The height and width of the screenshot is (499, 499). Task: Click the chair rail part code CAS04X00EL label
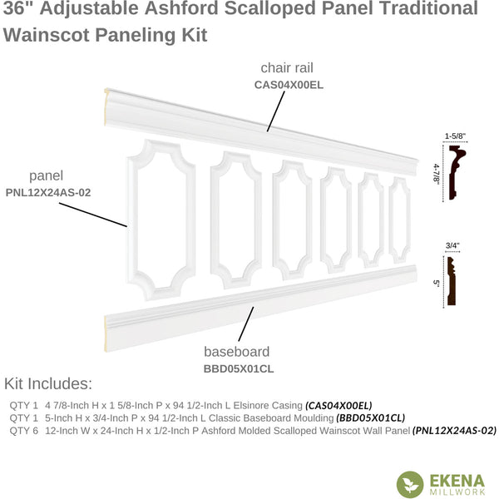click(x=289, y=85)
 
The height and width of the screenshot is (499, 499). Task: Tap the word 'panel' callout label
click(x=46, y=176)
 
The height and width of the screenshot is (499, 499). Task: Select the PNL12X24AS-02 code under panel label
click(x=48, y=193)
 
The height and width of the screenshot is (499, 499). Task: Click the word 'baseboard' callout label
click(x=237, y=352)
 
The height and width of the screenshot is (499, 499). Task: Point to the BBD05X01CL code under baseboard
click(x=239, y=368)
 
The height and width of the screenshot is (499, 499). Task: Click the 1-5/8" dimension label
click(x=455, y=136)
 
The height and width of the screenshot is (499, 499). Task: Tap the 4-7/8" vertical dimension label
click(x=437, y=173)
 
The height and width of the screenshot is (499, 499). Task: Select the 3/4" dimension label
click(x=452, y=245)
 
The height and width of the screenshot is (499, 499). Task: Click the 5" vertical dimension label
click(x=437, y=283)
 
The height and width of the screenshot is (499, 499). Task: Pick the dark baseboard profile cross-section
click(x=451, y=281)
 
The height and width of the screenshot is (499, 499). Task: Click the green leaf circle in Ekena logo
click(x=410, y=484)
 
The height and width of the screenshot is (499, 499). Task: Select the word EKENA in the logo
click(x=457, y=482)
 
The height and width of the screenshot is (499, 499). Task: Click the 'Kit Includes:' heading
click(x=48, y=383)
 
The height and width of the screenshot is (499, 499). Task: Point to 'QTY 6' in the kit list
click(x=23, y=431)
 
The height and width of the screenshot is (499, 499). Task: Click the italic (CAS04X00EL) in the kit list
click(x=338, y=406)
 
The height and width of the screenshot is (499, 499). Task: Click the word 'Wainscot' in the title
click(x=47, y=35)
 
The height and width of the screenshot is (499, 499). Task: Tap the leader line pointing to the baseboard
click(x=246, y=324)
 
